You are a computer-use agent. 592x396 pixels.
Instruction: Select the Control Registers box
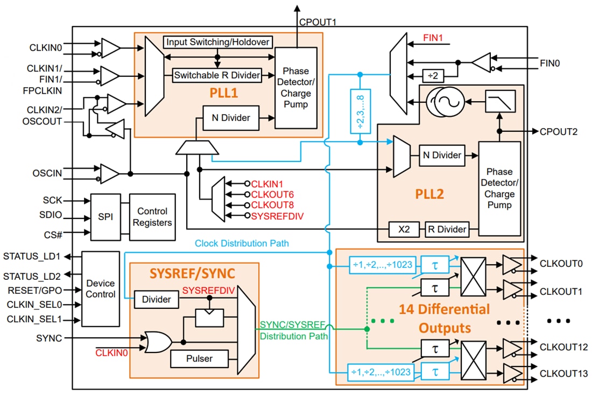point(152,217)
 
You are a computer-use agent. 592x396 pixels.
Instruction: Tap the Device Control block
point(101,288)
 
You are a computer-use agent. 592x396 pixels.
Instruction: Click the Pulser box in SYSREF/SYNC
point(199,358)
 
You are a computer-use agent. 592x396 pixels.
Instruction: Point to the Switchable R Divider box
point(217,75)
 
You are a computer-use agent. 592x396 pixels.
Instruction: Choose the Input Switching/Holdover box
point(217,42)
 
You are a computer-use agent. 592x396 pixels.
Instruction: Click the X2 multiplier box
point(404,229)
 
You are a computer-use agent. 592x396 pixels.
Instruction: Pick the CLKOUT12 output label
point(563,346)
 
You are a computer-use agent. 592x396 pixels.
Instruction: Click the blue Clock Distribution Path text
point(242,243)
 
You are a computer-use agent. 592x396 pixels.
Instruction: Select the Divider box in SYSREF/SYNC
point(157,299)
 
